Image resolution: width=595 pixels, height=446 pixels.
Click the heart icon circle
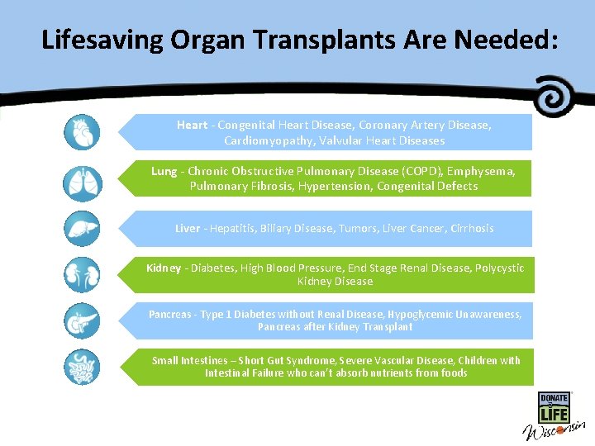[81, 132]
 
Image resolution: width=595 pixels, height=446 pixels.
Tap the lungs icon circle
[81, 183]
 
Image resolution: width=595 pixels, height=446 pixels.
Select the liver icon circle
[81, 229]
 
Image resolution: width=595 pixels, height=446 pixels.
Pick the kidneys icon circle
[81, 275]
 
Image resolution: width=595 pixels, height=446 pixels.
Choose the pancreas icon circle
[81, 320]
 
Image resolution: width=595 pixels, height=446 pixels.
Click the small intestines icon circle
[81, 367]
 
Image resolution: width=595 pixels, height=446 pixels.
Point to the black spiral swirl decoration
[555, 96]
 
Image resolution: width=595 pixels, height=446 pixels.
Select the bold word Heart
[192, 126]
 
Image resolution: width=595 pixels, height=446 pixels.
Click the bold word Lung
[164, 172]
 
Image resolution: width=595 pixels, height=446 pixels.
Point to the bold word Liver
[187, 229]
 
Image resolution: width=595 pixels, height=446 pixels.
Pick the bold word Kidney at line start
[164, 268]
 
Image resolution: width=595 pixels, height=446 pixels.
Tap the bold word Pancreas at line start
[169, 315]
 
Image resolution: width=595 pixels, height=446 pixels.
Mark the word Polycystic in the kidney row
[497, 268]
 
